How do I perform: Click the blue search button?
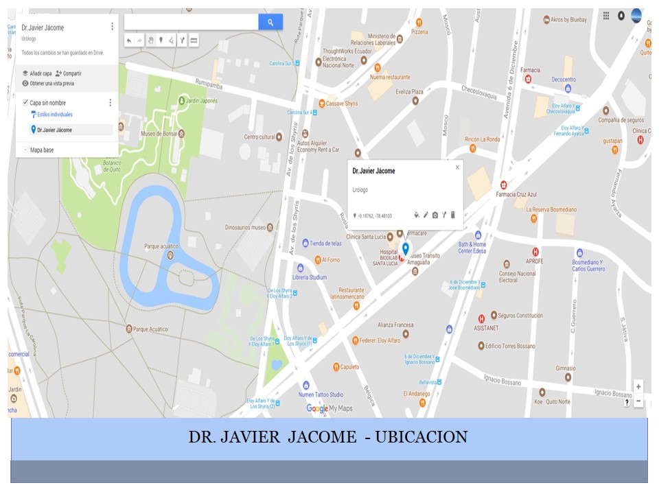tap(270, 23)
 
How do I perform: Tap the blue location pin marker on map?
tap(405, 249)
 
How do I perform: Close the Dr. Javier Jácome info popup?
tap(457, 167)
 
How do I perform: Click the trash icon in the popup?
tap(453, 215)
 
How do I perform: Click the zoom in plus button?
tap(638, 387)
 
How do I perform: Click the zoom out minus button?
tap(638, 401)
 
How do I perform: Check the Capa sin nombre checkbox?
tap(25, 103)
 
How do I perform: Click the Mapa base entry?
tap(41, 150)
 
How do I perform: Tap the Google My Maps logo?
tap(329, 408)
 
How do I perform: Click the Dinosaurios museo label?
tap(245, 227)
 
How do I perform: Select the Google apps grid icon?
tap(605, 15)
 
